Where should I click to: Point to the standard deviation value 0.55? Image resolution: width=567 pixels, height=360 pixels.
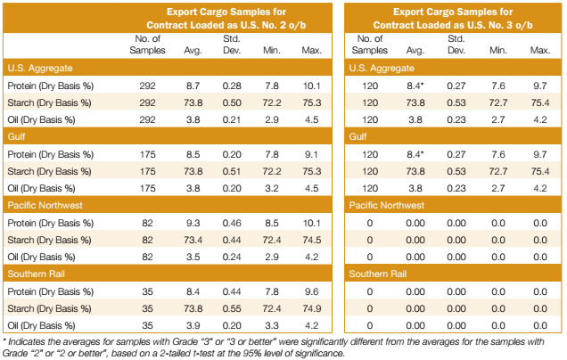coord(232,307)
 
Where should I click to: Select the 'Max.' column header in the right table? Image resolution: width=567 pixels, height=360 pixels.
coord(539,51)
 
